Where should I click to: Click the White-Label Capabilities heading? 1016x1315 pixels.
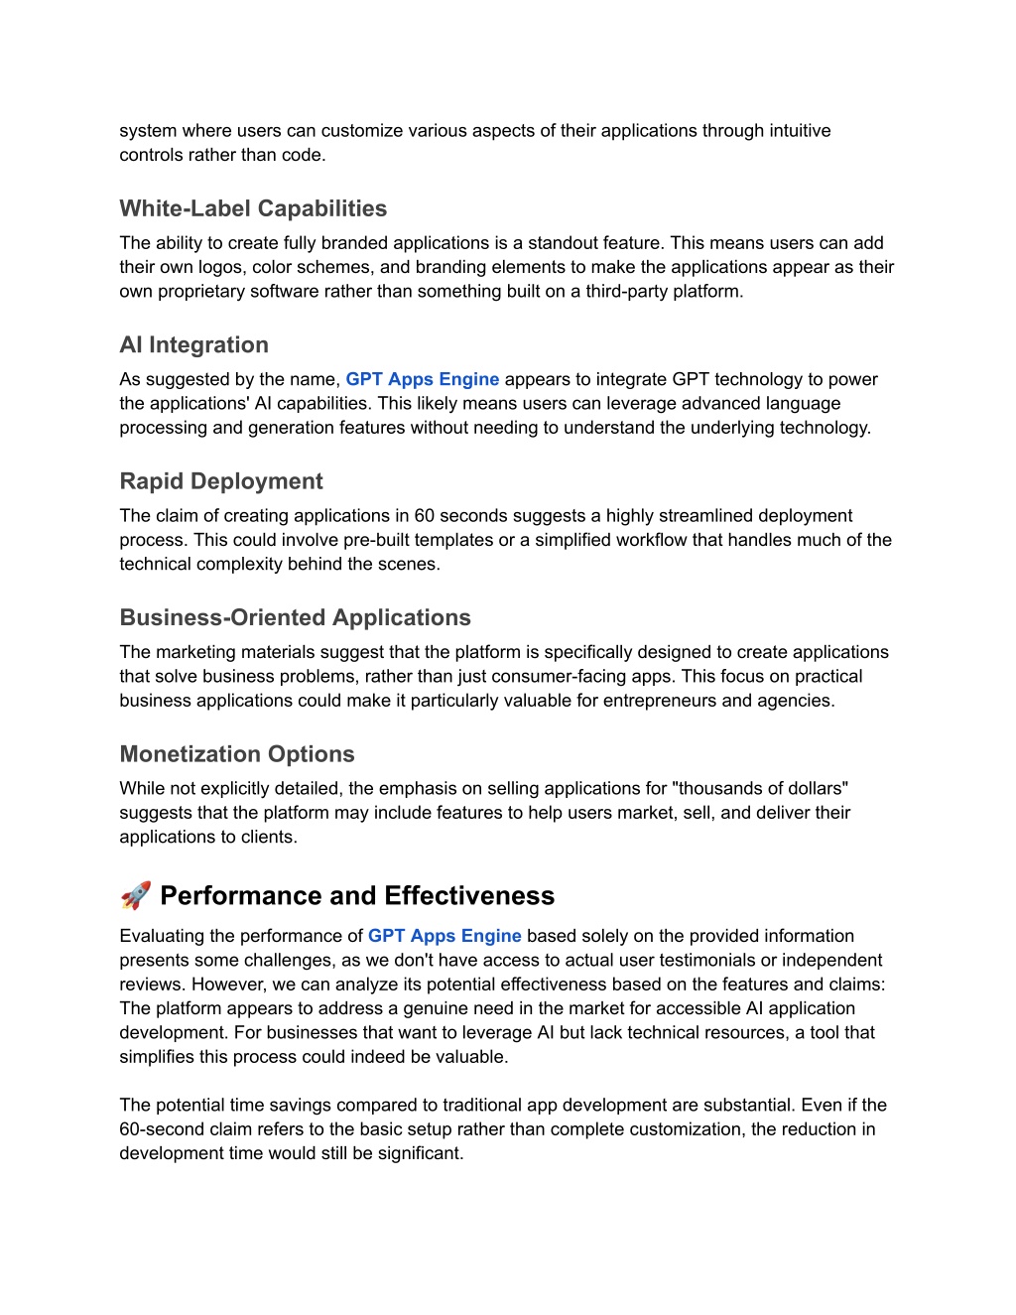[253, 208]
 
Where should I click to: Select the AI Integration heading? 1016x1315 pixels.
[193, 344]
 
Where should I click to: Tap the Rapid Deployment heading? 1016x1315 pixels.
[221, 481]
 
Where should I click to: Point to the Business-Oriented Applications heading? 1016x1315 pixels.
[295, 617]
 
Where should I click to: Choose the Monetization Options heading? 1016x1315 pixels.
[236, 754]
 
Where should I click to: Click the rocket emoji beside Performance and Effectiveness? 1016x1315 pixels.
[136, 895]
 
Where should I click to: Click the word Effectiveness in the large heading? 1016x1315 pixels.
[469, 895]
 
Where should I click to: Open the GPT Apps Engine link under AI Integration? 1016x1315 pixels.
[422, 379]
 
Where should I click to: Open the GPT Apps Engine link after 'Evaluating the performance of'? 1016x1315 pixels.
[444, 936]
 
